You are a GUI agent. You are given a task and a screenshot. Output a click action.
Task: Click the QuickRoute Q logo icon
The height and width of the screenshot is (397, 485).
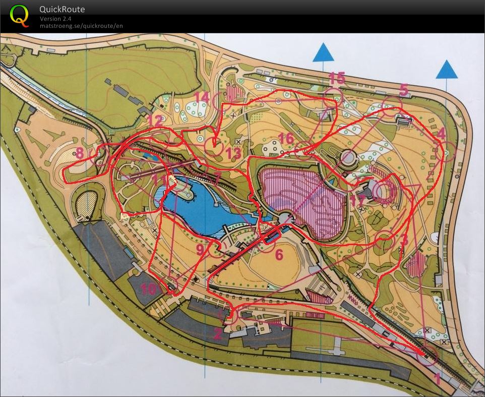coord(19,16)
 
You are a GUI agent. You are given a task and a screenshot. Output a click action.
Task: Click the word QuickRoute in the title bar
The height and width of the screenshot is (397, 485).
coord(63,9)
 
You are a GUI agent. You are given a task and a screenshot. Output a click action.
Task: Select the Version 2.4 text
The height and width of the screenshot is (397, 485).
coord(55,19)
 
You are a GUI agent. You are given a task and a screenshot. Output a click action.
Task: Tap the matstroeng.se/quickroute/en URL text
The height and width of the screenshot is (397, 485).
coord(81,25)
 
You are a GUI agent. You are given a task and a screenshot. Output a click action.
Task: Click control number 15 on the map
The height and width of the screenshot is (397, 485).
coord(337,78)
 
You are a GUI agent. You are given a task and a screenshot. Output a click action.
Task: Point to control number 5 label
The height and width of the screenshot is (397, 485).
coord(403,90)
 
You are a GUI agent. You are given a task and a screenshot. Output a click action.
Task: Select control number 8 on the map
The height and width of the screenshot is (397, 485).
coord(79,153)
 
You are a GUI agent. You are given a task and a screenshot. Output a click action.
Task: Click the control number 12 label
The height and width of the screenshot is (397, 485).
coord(155,121)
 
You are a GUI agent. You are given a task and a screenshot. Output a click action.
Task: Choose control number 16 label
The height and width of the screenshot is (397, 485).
coord(286,138)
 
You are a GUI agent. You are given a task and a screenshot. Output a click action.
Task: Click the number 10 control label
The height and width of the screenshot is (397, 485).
coord(148,289)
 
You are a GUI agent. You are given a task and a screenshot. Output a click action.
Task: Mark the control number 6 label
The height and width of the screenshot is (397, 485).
coord(279,254)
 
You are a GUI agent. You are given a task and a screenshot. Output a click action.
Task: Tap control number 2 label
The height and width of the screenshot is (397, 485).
coord(218,333)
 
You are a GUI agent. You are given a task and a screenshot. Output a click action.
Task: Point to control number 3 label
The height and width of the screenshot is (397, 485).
coord(403,240)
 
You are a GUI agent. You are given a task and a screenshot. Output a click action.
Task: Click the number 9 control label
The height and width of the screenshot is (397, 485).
coord(200,248)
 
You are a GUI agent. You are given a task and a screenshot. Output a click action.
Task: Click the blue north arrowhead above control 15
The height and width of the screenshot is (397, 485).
coord(323,52)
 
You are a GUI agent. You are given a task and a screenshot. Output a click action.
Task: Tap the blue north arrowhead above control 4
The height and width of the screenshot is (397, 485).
coord(447,70)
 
